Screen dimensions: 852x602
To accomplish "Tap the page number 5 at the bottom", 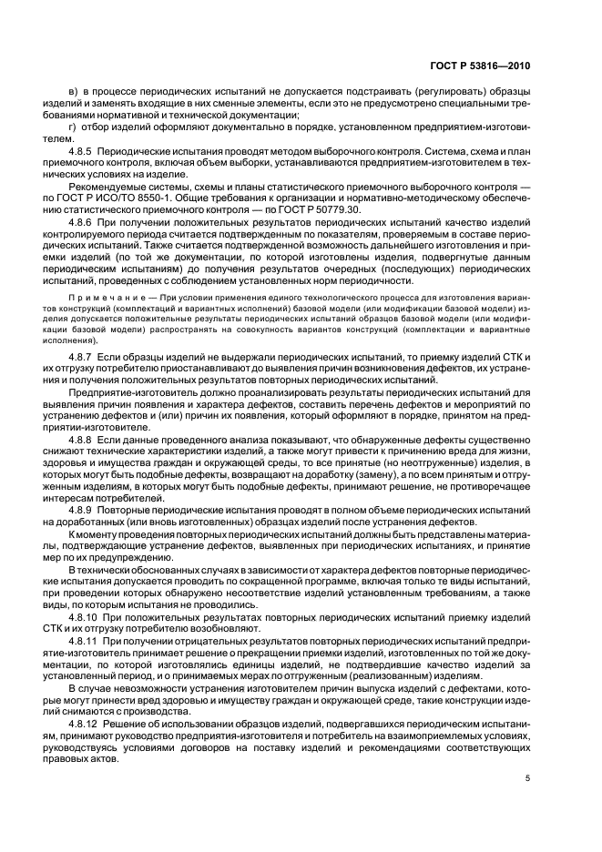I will (527, 779).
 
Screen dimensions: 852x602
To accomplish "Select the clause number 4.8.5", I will (83, 147).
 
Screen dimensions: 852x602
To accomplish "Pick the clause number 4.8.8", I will (83, 437).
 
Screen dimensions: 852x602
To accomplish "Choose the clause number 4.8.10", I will (86, 616).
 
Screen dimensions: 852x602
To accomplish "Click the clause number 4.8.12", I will (86, 723).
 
